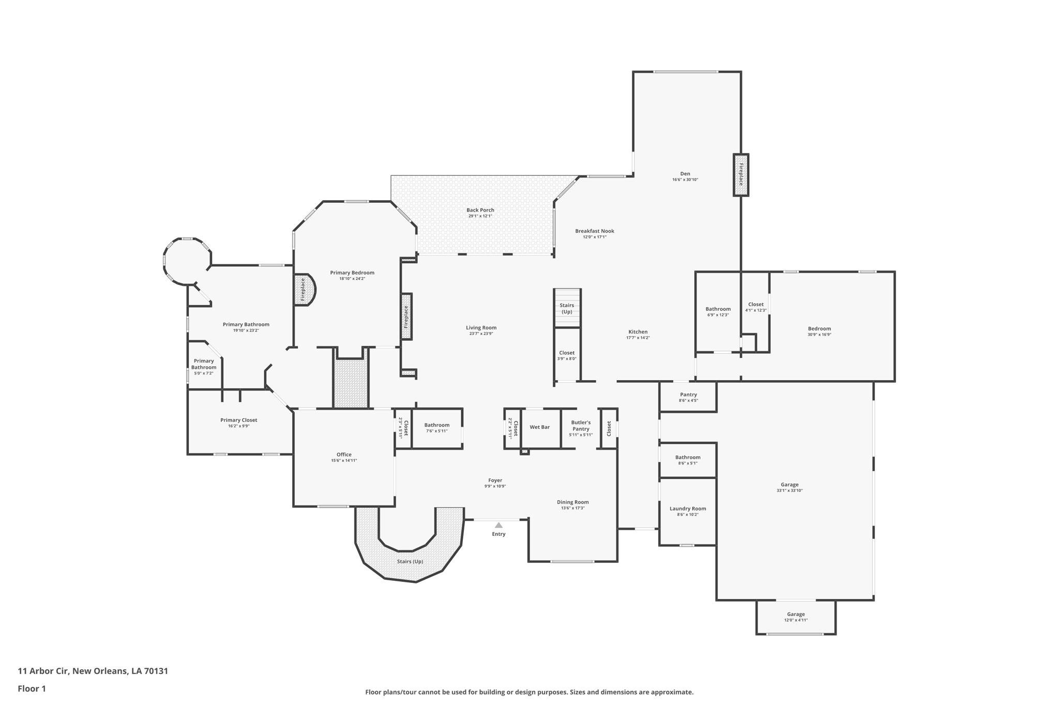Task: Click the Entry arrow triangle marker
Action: click(x=498, y=525)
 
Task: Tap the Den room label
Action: click(x=685, y=174)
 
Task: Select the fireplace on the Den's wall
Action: click(x=740, y=175)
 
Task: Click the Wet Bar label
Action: click(x=539, y=427)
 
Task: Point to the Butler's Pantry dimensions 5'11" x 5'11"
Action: click(x=581, y=435)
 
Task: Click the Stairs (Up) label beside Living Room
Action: click(x=567, y=308)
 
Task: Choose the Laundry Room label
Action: click(x=687, y=508)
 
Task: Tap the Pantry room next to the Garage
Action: click(x=688, y=397)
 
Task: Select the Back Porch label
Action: click(x=480, y=210)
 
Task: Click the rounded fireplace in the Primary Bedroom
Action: click(x=304, y=290)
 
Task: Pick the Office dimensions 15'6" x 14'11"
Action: click(x=344, y=461)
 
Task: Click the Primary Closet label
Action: click(x=238, y=420)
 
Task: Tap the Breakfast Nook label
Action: click(x=595, y=231)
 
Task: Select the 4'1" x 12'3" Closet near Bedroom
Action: click(x=755, y=307)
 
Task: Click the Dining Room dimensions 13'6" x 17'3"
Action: click(x=572, y=508)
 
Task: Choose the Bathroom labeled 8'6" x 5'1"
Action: click(x=687, y=460)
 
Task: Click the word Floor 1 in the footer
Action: click(x=32, y=688)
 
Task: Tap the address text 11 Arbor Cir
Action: click(x=43, y=671)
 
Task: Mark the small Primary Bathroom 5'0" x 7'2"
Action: click(x=204, y=366)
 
